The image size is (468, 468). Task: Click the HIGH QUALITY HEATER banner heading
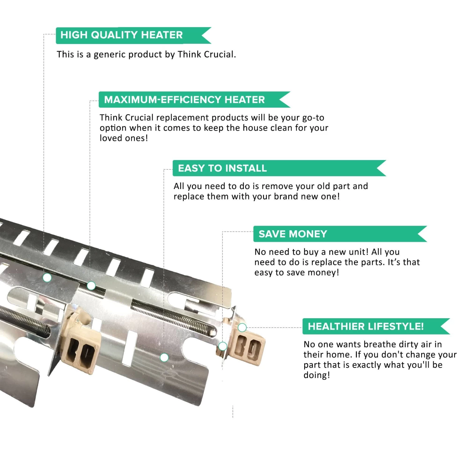click(121, 35)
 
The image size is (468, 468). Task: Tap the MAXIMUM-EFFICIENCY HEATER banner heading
click(184, 100)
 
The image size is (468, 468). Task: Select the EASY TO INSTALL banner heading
click(222, 168)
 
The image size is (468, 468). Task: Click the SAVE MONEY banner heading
click(293, 234)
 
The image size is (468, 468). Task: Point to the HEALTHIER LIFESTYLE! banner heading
click(366, 326)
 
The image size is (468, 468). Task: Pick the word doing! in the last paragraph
click(317, 375)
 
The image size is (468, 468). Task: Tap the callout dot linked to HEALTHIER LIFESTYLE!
click(242, 328)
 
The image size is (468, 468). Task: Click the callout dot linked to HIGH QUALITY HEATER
click(47, 277)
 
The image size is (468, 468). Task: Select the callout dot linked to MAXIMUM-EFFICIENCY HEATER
click(91, 285)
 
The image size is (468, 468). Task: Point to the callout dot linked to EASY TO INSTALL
click(164, 358)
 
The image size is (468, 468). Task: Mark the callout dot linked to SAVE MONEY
click(222, 346)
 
